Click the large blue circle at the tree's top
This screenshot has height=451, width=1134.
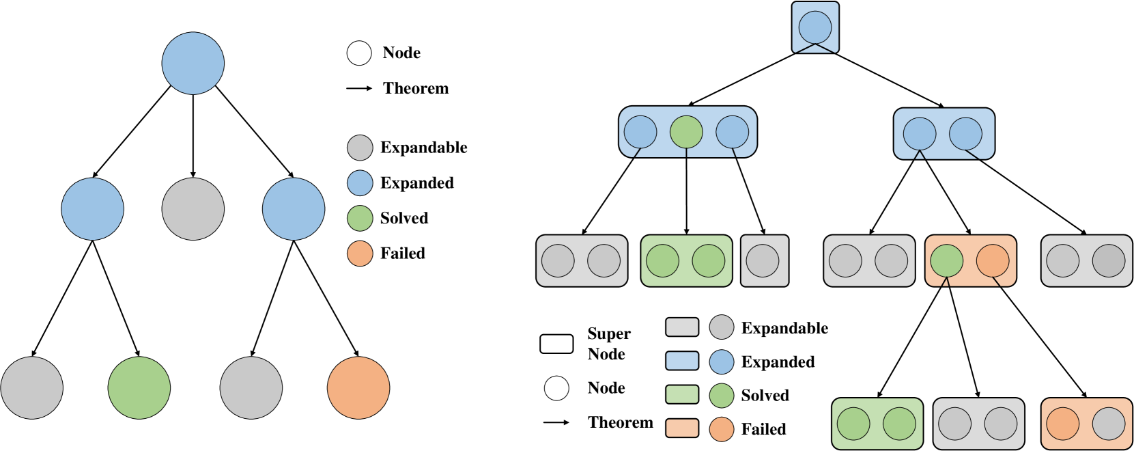coord(193,63)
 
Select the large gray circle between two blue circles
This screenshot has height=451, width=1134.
coord(193,209)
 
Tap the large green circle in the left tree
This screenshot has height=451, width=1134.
coord(139,387)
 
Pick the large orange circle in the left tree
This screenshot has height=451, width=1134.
coord(358,387)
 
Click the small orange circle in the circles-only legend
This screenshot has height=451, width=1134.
coord(360,254)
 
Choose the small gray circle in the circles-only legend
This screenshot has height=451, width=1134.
coord(360,148)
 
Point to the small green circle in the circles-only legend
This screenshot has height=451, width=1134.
coord(360,218)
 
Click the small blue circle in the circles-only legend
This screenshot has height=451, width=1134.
coord(360,183)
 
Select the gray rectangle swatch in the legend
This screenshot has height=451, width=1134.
coord(682,327)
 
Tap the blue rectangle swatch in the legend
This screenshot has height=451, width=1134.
coord(682,361)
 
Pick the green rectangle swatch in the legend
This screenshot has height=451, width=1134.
coord(682,394)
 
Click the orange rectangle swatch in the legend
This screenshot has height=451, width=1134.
coord(682,428)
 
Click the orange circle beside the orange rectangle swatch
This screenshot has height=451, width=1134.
coord(722,429)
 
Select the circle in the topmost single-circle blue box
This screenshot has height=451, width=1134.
coord(815,27)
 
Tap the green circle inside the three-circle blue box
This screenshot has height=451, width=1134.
coord(686,132)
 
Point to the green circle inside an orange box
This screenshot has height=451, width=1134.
coord(947,261)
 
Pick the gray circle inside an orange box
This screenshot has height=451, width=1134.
coord(1109,424)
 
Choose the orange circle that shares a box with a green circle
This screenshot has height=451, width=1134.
coord(993,261)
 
